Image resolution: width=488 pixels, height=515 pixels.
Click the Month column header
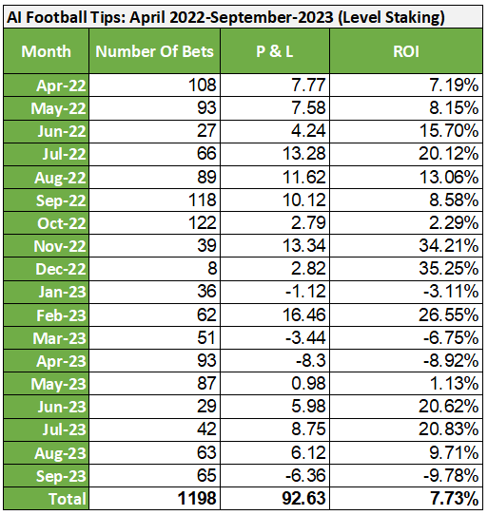pos(46,51)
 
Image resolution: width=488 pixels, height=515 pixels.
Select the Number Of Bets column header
pos(154,51)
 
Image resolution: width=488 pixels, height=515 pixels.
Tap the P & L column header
pos(275,51)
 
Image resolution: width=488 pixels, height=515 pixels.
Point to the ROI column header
pos(406,51)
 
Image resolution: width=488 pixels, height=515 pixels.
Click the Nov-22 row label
pos(60,246)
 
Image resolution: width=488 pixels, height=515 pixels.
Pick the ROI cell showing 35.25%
pos(449,269)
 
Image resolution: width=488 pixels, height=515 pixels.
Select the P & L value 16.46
pos(304,315)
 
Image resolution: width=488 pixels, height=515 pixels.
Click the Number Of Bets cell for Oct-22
pos(203,223)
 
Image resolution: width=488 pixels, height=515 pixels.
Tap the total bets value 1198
pos(197,498)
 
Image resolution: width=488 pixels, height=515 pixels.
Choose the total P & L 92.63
pos(303,498)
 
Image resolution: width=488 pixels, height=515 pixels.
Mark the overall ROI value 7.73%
pos(454,498)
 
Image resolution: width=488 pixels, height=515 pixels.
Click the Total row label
pos(68,499)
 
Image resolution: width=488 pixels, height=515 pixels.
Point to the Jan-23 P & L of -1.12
pos(305,292)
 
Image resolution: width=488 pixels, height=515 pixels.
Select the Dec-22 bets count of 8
pos(212,269)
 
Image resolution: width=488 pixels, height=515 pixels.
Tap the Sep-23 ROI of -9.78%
pos(451,475)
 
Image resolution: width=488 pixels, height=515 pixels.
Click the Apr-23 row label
pos(61,361)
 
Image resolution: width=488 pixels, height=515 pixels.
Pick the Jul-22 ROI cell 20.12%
pos(449,154)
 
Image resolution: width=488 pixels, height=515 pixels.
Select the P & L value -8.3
pos(311,361)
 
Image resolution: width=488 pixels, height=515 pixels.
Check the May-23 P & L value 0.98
pos(308,384)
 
